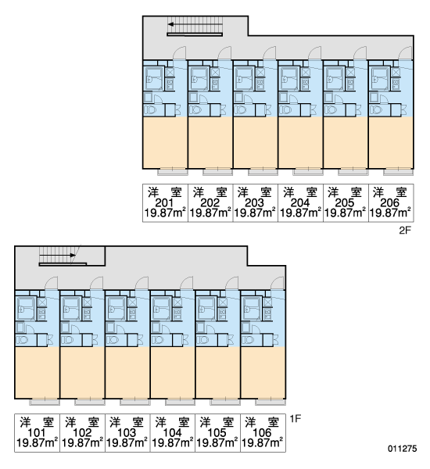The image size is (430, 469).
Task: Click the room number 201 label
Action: point(164,202)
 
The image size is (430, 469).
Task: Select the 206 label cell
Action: point(391,202)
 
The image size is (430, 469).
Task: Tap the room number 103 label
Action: point(127,432)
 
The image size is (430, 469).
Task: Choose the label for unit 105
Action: point(217,432)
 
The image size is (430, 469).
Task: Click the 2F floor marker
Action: point(406,231)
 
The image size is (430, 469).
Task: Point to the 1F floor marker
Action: point(295,419)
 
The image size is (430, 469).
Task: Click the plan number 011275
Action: point(403,449)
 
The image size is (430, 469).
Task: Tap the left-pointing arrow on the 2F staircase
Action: point(195,24)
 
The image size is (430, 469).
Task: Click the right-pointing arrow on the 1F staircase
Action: point(57,255)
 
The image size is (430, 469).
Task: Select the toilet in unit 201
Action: point(150,110)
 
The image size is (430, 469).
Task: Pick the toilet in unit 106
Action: point(248,340)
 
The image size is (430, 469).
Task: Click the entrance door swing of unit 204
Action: point(314,53)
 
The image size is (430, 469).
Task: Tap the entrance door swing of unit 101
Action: point(51,283)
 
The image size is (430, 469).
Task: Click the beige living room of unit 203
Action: point(255,142)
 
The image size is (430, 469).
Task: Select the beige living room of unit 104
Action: point(173,373)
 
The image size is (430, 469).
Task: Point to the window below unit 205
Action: point(353,172)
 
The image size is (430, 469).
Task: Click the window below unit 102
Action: point(90,403)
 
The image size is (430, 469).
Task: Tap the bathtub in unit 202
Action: point(199,79)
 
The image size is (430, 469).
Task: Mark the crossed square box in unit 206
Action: point(396,72)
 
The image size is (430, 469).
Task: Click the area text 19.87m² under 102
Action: point(82,442)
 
